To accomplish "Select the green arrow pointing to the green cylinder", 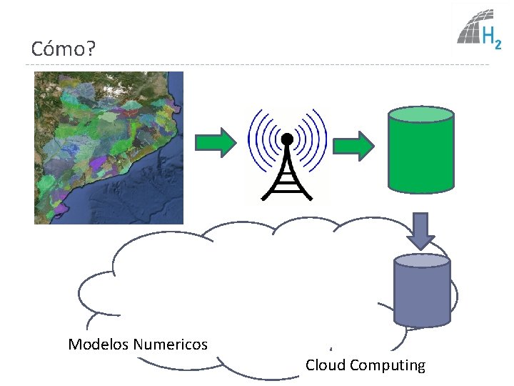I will click(x=354, y=147).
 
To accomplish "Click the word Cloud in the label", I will click(x=325, y=365).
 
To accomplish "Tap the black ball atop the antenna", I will click(x=287, y=139).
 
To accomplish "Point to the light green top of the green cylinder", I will click(x=420, y=114).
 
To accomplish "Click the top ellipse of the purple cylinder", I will click(x=423, y=261).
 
